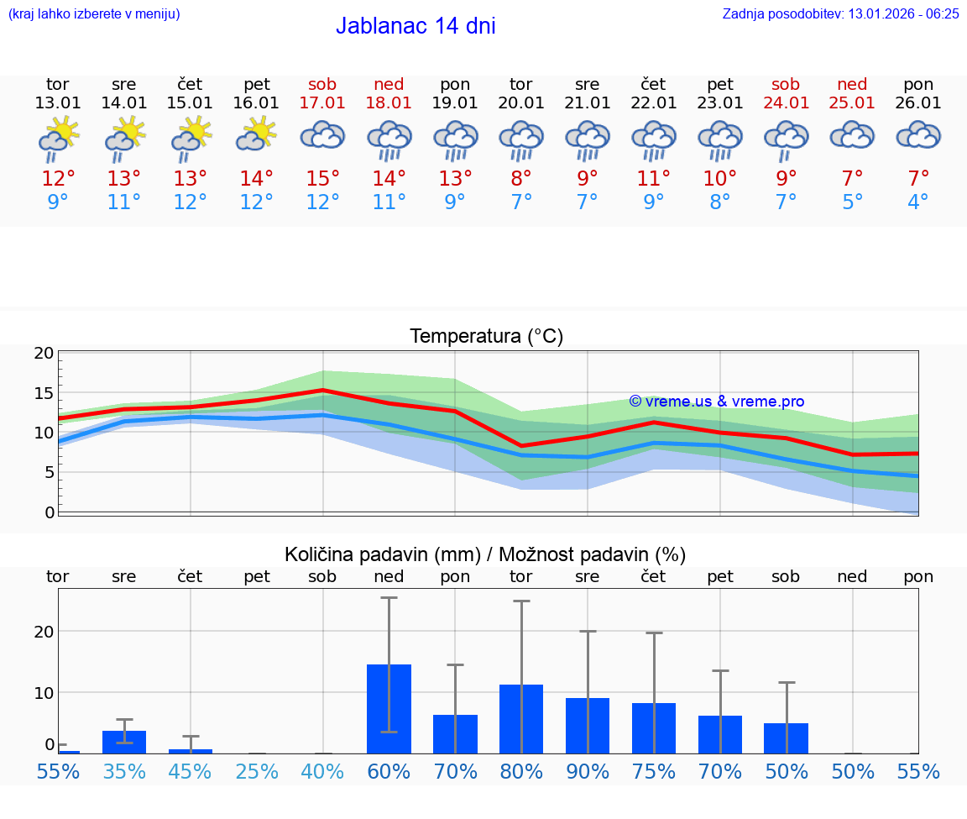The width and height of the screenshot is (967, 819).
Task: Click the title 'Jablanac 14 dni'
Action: (416, 26)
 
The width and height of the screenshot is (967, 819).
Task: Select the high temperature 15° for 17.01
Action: (323, 179)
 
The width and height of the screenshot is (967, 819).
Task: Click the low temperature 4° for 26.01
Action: (918, 202)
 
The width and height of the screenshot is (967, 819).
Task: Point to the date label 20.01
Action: (521, 103)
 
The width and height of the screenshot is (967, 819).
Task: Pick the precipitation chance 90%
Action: (588, 771)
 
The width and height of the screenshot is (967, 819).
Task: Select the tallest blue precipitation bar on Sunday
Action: (389, 709)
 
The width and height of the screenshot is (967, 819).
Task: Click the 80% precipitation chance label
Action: (521, 771)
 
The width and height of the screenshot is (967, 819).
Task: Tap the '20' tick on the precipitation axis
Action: (44, 632)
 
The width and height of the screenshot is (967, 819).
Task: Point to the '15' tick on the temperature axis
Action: (44, 393)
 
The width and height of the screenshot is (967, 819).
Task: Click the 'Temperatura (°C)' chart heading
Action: (486, 337)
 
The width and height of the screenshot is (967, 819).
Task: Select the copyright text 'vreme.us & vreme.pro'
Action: (716, 402)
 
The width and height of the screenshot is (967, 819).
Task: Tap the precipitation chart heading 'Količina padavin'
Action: (485, 554)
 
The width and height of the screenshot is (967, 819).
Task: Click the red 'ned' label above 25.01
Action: (853, 85)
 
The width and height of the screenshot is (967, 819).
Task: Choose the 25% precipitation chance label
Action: (257, 771)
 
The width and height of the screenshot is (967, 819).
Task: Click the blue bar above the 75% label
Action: (654, 728)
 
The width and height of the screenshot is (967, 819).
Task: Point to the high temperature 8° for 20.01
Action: (521, 179)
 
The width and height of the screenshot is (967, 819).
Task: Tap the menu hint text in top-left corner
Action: (94, 13)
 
